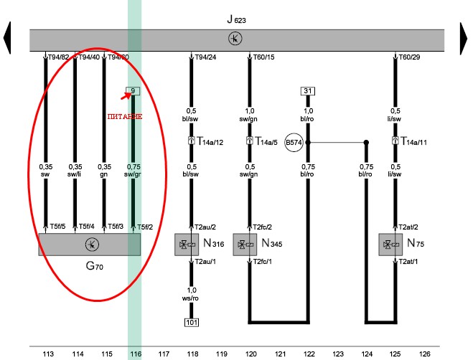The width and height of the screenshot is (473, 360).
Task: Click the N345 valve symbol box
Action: click(x=246, y=245)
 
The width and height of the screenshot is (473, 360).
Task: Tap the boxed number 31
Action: click(x=308, y=91)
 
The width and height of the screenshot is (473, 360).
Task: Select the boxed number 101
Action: click(x=192, y=322)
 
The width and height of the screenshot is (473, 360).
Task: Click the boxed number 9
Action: click(x=132, y=91)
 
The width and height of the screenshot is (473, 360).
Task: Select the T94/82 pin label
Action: click(x=58, y=57)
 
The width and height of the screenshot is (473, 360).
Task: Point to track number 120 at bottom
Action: click(x=251, y=354)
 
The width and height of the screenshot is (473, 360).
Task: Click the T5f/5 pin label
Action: click(x=57, y=227)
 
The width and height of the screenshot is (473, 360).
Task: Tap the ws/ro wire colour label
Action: click(x=191, y=295)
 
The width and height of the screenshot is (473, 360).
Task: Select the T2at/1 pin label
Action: click(x=410, y=262)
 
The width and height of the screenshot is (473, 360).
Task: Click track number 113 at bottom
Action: click(x=49, y=354)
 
